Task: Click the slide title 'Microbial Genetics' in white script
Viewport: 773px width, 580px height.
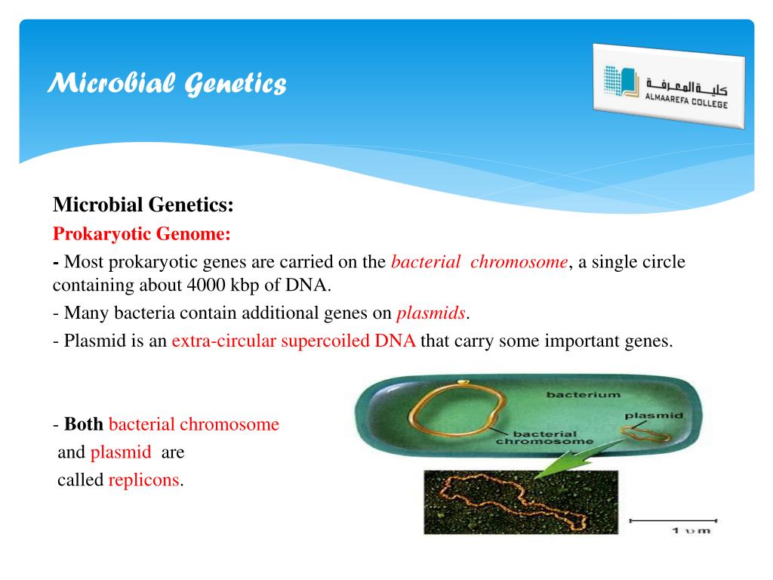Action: tap(167, 83)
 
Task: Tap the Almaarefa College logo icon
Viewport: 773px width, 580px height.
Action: tap(621, 81)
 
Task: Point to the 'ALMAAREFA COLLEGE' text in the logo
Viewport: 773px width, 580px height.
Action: tap(686, 100)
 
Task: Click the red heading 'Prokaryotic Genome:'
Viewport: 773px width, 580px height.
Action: tap(141, 234)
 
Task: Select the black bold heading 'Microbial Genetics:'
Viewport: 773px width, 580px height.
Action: tap(143, 205)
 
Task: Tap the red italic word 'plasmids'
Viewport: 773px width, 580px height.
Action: tap(431, 313)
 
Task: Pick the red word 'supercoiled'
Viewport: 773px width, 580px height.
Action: tap(325, 341)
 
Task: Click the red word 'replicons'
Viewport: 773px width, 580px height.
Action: tap(144, 480)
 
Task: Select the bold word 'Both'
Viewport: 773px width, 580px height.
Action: tap(83, 424)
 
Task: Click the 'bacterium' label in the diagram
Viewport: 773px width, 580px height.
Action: tap(584, 394)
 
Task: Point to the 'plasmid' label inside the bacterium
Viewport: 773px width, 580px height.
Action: tap(654, 416)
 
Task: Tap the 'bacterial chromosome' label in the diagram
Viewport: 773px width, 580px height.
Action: tap(545, 437)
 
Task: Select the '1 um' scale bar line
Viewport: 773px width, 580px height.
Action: tap(673, 520)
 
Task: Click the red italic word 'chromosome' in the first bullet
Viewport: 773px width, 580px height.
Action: tap(519, 262)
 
